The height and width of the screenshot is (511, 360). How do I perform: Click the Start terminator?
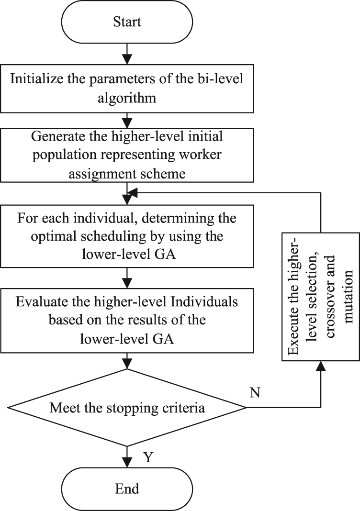click(x=127, y=22)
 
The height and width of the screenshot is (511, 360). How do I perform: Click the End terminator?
click(x=127, y=489)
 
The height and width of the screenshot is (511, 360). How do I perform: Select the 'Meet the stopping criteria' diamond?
click(x=127, y=408)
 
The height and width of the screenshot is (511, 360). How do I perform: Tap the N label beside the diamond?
click(x=255, y=393)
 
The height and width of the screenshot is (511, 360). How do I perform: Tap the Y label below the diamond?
click(x=148, y=457)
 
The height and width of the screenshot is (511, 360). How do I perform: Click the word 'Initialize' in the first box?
click(x=36, y=79)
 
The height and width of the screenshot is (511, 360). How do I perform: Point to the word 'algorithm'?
click(x=127, y=98)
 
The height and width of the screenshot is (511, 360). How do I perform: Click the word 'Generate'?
click(x=58, y=136)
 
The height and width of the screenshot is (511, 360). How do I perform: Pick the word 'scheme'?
click(x=166, y=173)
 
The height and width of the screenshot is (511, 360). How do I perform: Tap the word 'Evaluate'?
click(x=42, y=302)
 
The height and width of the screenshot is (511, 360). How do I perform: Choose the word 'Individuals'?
click(x=204, y=302)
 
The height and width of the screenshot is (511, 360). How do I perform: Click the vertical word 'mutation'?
click(x=349, y=297)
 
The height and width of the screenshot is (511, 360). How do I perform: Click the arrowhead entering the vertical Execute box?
click(x=321, y=366)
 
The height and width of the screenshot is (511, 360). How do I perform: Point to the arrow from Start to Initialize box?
click(x=127, y=54)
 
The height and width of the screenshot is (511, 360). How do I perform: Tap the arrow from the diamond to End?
click(x=127, y=457)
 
